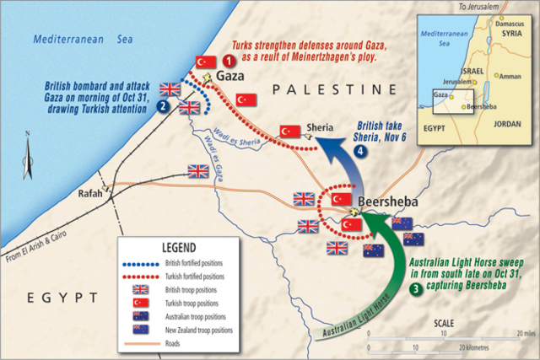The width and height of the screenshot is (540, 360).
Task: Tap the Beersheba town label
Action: pyautogui.click(x=386, y=202)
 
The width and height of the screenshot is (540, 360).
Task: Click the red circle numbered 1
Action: pyautogui.click(x=227, y=61)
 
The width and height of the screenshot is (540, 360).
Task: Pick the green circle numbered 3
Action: pyautogui.click(x=416, y=290)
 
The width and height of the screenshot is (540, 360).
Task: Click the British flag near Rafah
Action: pyautogui.click(x=198, y=171)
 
